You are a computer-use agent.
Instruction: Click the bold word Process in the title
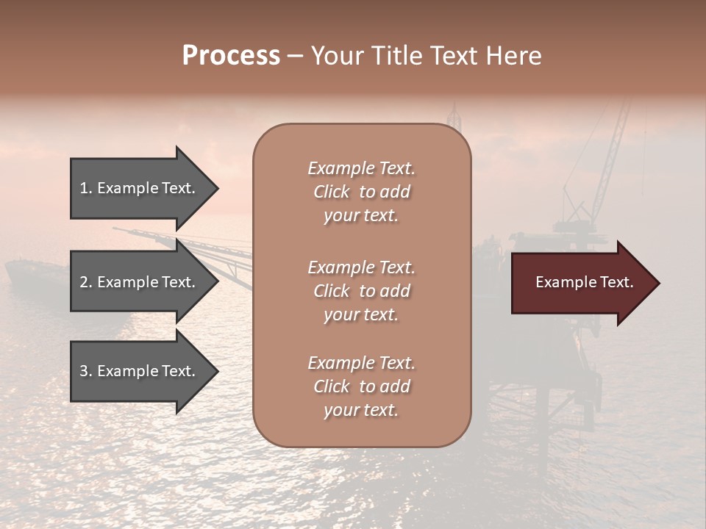tap(231, 56)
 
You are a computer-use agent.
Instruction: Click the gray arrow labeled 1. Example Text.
tap(140, 188)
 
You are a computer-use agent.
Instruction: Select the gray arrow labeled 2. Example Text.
tap(140, 282)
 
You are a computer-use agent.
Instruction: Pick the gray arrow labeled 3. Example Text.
tap(140, 372)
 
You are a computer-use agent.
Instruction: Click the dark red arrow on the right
tap(581, 283)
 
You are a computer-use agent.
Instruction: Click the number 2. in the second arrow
tap(86, 282)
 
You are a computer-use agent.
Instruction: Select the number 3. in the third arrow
tap(86, 372)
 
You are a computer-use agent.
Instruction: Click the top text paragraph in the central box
tap(361, 192)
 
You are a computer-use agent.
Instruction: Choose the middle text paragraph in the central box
tap(361, 291)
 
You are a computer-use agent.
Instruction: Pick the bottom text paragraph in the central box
tap(361, 386)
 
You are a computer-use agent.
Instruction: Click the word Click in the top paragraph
tap(332, 192)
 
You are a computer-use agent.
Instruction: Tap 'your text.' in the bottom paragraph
tap(361, 410)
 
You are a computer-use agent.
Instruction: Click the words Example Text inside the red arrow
tap(584, 282)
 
